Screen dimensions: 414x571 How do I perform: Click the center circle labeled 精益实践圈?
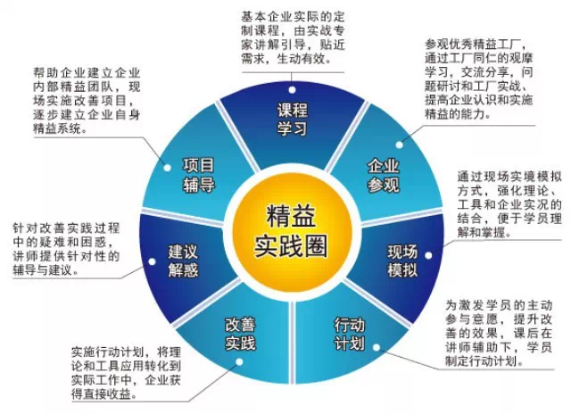pos(285,229)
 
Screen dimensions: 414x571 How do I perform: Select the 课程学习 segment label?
pos(291,119)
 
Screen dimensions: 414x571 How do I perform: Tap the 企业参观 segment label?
pos(383,175)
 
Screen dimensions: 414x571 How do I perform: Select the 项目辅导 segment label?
pos(199,174)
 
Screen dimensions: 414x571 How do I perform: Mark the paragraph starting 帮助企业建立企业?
pos(95,100)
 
